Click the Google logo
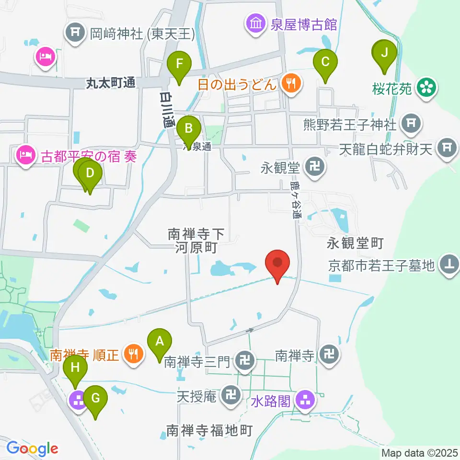[x=32, y=448]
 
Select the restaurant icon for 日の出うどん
[x=290, y=84]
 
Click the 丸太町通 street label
[x=111, y=83]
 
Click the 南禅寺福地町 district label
[x=209, y=430]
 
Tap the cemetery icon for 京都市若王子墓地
[x=449, y=264]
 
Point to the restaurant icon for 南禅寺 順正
[x=132, y=355]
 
